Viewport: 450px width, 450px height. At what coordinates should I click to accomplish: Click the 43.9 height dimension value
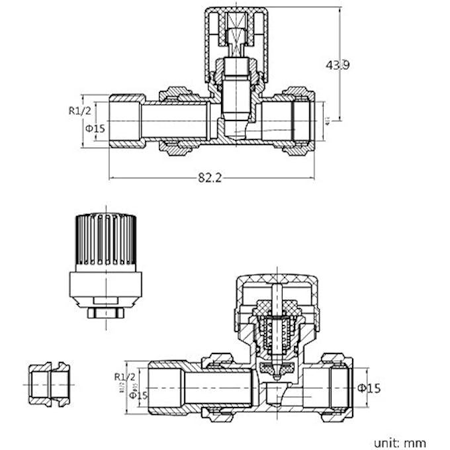tap(338, 65)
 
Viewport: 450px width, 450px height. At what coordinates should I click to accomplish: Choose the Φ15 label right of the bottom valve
tap(369, 388)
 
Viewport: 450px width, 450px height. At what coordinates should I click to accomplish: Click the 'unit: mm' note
tap(399, 443)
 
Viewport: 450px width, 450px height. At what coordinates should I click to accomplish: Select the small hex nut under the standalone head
tap(105, 312)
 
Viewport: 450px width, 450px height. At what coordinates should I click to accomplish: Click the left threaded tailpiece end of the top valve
tap(126, 120)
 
